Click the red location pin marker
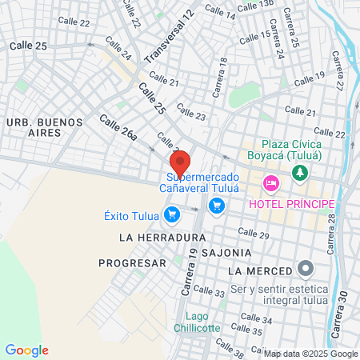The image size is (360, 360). pos(180,163)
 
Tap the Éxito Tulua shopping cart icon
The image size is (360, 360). pos(171,214)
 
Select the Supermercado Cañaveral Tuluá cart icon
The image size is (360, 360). pos(215,206)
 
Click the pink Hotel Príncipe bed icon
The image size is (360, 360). pos(270,184)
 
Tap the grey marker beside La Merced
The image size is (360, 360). pos(304,269)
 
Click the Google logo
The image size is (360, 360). pos(26,350)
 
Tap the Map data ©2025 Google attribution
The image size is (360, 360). pos(311,354)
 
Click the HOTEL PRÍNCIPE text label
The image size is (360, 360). pos(292,206)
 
